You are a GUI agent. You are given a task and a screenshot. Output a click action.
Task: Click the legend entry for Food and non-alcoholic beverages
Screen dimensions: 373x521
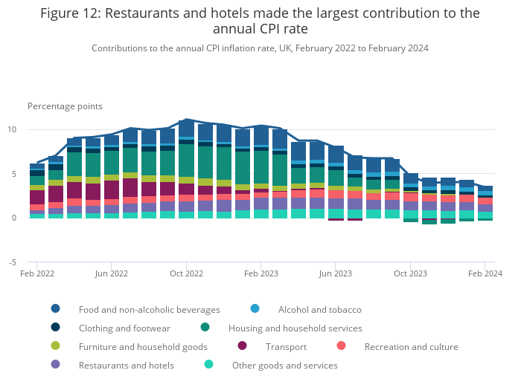pyautogui.click(x=149, y=309)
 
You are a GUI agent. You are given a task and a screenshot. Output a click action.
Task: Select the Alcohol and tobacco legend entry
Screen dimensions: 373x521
pyautogui.click(x=319, y=309)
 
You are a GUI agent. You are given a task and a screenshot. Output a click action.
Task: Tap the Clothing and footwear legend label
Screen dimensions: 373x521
pyautogui.click(x=124, y=328)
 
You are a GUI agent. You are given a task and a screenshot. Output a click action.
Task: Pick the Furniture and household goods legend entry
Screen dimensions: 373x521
pyautogui.click(x=143, y=346)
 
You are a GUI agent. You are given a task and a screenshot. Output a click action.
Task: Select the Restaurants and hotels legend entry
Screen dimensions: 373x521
pyautogui.click(x=126, y=365)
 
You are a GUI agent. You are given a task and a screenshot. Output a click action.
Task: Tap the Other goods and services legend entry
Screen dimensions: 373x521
pyautogui.click(x=284, y=365)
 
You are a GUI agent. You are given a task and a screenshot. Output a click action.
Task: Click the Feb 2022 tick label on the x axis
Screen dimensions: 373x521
pyautogui.click(x=37, y=273)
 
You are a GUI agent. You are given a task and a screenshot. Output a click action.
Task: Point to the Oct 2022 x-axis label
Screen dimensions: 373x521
pyautogui.click(x=187, y=273)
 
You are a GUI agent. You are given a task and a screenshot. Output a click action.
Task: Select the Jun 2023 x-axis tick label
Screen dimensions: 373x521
pyautogui.click(x=336, y=273)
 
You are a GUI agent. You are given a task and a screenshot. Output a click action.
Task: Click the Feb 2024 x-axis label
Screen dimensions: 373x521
pyautogui.click(x=485, y=273)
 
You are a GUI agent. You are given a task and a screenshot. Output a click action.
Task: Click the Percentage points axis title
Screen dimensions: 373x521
pyautogui.click(x=65, y=106)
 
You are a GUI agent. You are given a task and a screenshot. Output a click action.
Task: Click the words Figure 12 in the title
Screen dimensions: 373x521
pyautogui.click(x=74, y=13)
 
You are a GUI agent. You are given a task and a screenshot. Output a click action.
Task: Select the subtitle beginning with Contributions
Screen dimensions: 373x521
pyautogui.click(x=260, y=48)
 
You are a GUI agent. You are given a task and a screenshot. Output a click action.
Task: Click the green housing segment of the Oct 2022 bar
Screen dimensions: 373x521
pyautogui.click(x=187, y=160)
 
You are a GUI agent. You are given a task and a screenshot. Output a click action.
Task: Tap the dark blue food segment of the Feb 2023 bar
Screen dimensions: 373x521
pyautogui.click(x=261, y=136)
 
